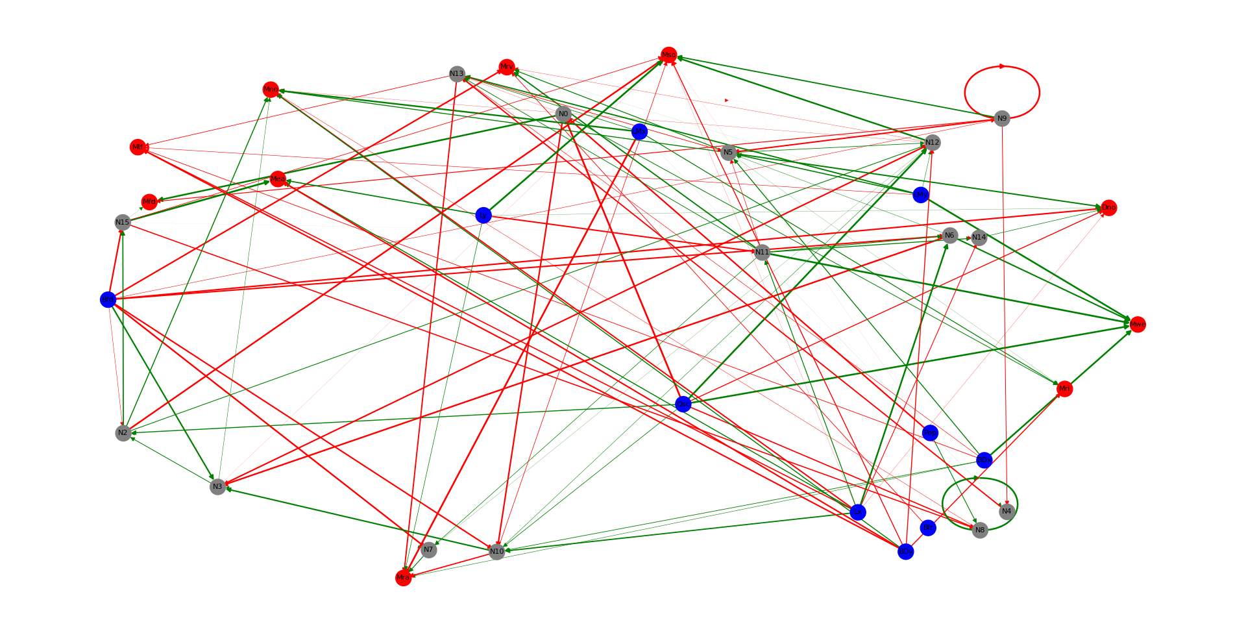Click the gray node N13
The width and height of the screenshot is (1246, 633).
click(x=457, y=74)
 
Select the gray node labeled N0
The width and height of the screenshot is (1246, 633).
click(x=563, y=114)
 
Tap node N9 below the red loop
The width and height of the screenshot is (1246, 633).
click(x=1002, y=118)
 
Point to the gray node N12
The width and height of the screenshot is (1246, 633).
click(x=932, y=142)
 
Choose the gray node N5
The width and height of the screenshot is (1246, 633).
click(x=728, y=153)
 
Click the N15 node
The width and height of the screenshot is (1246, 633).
click(x=123, y=223)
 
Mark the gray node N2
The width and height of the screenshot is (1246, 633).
click(x=123, y=433)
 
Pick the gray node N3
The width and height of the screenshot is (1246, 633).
click(x=217, y=486)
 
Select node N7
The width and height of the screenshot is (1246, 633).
click(x=428, y=550)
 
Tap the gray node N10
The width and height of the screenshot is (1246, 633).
click(x=496, y=552)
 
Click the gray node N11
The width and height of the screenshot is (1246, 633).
click(x=762, y=252)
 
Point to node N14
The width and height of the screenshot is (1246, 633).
click(x=979, y=238)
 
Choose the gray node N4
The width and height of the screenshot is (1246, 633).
click(x=1006, y=512)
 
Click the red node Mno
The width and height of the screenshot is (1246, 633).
click(x=271, y=90)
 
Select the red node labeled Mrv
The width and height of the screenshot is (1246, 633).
click(x=507, y=67)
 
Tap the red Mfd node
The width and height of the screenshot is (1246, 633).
click(x=149, y=202)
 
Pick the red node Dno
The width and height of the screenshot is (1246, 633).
click(x=1108, y=208)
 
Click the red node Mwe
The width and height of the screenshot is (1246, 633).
click(x=1138, y=325)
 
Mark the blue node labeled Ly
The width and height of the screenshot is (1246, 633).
click(x=483, y=216)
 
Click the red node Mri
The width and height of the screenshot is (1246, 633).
click(x=1064, y=389)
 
